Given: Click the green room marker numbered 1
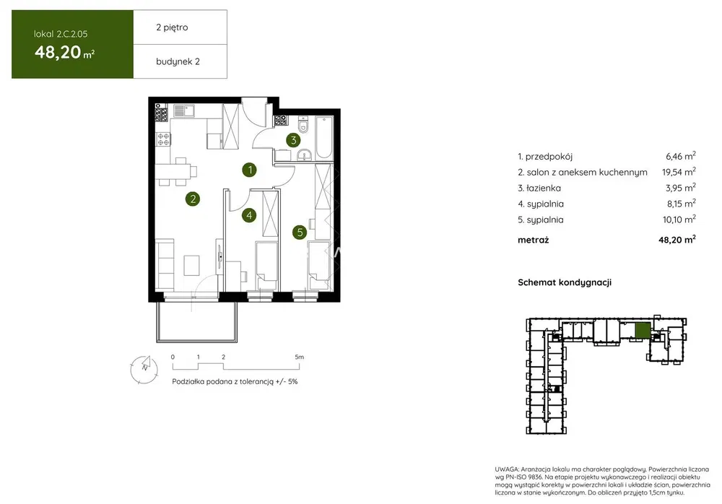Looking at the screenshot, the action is tap(250, 170).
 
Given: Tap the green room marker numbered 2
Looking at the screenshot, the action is tap(193, 199).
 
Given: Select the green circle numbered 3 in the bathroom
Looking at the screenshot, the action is tap(293, 140).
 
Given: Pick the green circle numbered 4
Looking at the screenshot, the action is tap(249, 214).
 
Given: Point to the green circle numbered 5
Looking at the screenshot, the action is tap(300, 233).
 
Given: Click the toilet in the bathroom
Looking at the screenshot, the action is tap(303, 124).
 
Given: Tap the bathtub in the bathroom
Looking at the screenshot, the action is tap(324, 138).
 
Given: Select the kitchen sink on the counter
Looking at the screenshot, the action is tap(184, 110).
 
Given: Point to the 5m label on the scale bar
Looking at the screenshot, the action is tap(300, 357).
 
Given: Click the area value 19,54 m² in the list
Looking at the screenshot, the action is tap(679, 171).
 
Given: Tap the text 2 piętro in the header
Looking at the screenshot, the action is tap(173, 27).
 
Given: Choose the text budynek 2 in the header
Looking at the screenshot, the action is tap(178, 61).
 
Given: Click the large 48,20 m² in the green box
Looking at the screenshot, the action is tap(64, 52).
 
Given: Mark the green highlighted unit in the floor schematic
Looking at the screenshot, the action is tap(643, 331).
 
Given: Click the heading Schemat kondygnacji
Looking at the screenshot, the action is tap(565, 282).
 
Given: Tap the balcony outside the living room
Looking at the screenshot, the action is tap(197, 322).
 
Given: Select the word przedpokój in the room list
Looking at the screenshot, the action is tap(549, 157).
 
